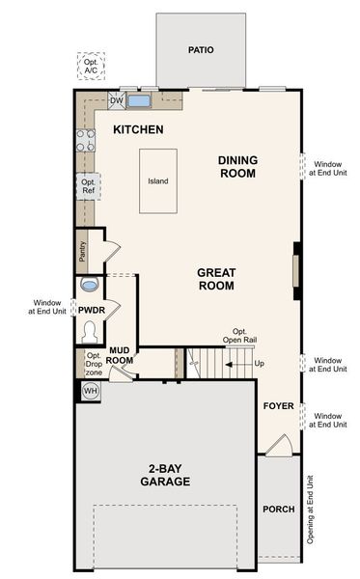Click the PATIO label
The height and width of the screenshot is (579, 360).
click(x=202, y=49)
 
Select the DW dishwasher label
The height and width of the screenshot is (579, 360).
click(x=116, y=100)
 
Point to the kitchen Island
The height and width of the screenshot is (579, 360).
click(x=158, y=180)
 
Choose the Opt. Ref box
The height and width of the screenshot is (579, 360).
click(x=88, y=186)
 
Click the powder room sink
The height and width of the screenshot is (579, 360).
click(x=90, y=286)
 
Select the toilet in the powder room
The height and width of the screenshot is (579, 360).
click(x=89, y=330)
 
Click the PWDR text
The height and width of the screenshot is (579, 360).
click(x=91, y=310)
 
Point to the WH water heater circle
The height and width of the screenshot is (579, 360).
click(x=90, y=391)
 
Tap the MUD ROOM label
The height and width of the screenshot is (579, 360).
click(x=120, y=355)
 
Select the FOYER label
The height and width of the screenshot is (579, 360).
click(x=278, y=406)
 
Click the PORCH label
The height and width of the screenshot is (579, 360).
click(x=278, y=510)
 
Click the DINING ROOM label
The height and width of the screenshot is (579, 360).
click(x=236, y=167)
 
